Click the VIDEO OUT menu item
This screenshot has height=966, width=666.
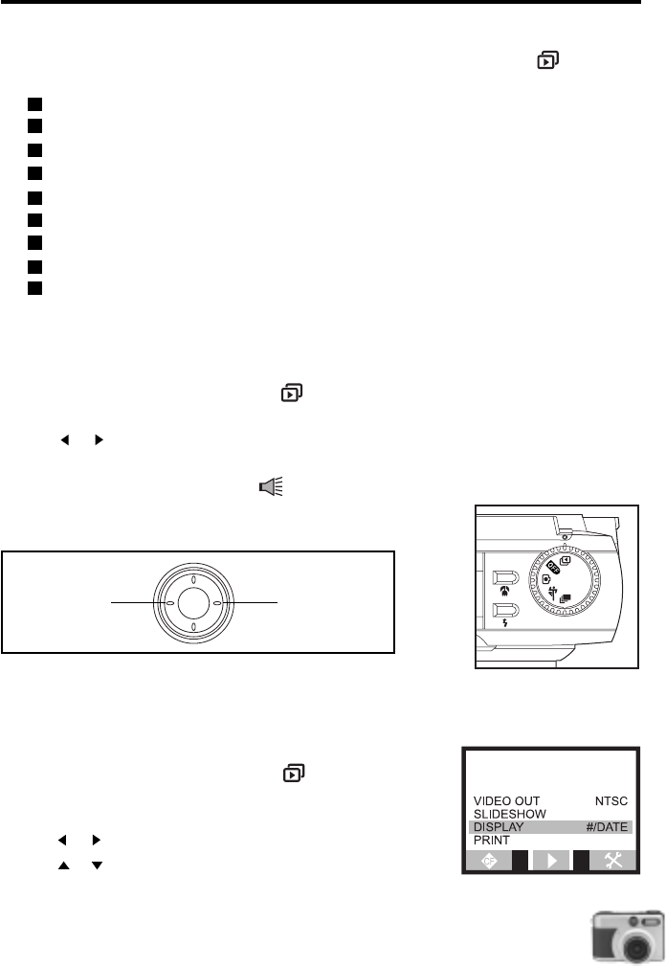click(x=506, y=800)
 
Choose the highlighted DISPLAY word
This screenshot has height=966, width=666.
click(x=498, y=827)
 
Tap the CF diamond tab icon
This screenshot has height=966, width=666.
click(x=490, y=862)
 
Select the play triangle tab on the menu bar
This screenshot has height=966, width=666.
click(x=552, y=862)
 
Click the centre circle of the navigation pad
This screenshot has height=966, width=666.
click(x=193, y=603)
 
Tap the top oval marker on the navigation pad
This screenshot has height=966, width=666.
click(x=193, y=579)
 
